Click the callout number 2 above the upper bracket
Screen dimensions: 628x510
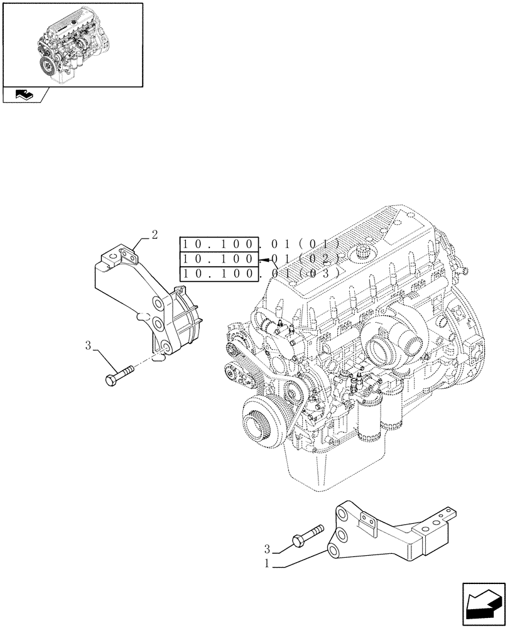(x=154, y=235)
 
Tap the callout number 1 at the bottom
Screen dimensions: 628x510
(x=267, y=564)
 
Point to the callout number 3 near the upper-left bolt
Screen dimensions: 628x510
(x=88, y=345)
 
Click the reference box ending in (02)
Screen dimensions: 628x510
(x=219, y=259)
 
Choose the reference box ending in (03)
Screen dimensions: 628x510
(x=219, y=273)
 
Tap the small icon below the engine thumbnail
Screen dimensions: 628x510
(x=24, y=95)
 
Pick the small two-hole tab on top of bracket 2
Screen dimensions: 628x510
(x=127, y=255)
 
